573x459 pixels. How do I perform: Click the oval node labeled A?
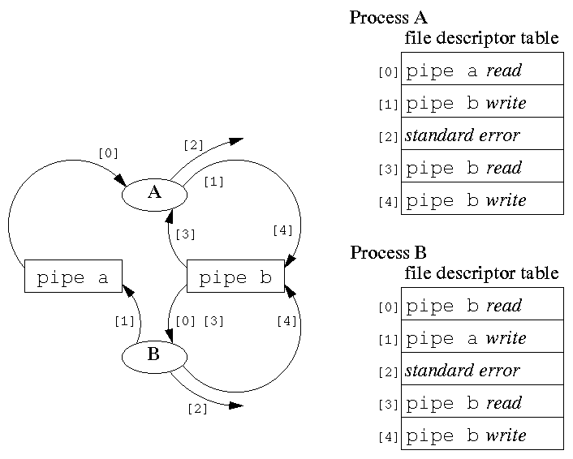pyautogui.click(x=154, y=193)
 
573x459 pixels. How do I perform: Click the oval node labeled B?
pyautogui.click(x=154, y=355)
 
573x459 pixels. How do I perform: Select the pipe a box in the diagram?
pyautogui.click(x=73, y=277)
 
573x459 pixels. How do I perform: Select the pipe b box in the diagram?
pyautogui.click(x=235, y=277)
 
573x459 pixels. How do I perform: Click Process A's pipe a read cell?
pyautogui.click(x=482, y=70)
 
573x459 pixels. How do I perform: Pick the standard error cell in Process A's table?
pyautogui.click(x=482, y=135)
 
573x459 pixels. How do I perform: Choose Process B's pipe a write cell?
pyautogui.click(x=482, y=337)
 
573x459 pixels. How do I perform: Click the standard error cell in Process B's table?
pyautogui.click(x=482, y=370)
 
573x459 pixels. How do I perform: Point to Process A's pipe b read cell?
pyautogui.click(x=482, y=167)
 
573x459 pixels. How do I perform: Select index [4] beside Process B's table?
pyautogui.click(x=388, y=437)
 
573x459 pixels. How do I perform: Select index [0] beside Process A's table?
pyautogui.click(x=388, y=72)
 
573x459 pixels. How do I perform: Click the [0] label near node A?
pyautogui.click(x=107, y=152)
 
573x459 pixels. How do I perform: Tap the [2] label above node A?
pyautogui.click(x=193, y=146)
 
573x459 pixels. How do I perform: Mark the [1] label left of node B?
pyautogui.click(x=124, y=321)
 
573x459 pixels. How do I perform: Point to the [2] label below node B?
pyautogui.click(x=197, y=409)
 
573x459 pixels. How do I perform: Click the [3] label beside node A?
pyautogui.click(x=186, y=235)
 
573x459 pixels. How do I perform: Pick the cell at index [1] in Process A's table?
pyautogui.click(x=482, y=102)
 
